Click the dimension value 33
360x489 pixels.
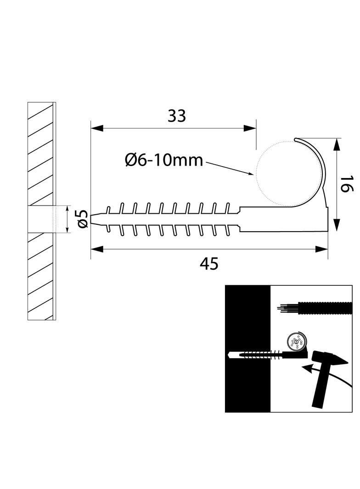click(177, 117)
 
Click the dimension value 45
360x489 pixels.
click(209, 264)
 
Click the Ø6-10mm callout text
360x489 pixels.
click(164, 160)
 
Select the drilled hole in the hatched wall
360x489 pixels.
click(41, 219)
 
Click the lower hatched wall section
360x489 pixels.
click(41, 275)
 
